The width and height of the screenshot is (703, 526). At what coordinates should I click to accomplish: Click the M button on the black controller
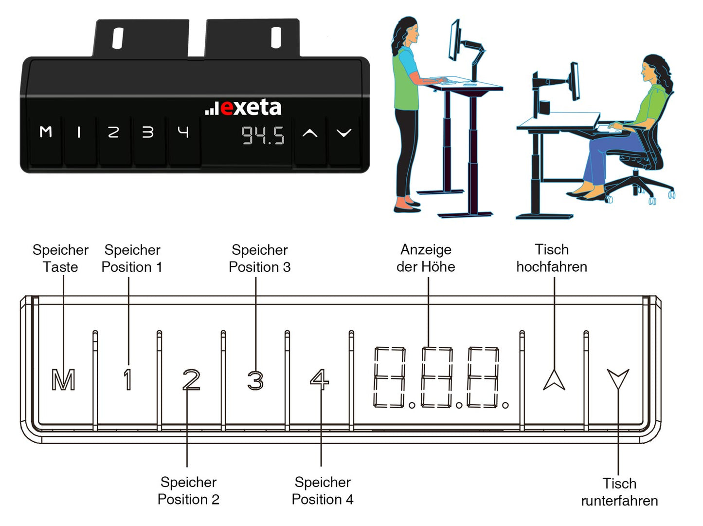coord(46,132)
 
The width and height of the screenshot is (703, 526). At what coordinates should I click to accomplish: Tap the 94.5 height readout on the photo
coord(263,135)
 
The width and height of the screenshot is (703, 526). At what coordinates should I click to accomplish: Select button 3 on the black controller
coord(148,132)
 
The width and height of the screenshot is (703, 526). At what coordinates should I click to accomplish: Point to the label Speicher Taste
coord(60,259)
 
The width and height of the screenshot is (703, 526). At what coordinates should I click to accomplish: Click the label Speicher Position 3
coord(260,259)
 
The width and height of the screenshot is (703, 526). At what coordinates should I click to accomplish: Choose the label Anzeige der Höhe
coord(426,258)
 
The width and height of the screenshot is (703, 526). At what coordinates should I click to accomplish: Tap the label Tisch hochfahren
coord(552,258)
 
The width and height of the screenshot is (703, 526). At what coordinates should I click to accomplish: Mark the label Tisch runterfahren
coord(619,492)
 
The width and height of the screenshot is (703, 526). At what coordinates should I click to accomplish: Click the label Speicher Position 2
coord(188,491)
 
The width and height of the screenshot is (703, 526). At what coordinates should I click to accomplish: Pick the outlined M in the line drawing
coord(63,380)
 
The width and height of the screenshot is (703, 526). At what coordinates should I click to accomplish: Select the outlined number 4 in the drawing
coord(319,379)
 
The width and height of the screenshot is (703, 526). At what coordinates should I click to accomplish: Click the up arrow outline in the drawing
coord(554,380)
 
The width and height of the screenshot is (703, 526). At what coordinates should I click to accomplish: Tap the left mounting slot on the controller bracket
coord(118,38)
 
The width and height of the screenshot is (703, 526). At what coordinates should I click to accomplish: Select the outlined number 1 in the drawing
coord(127,379)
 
